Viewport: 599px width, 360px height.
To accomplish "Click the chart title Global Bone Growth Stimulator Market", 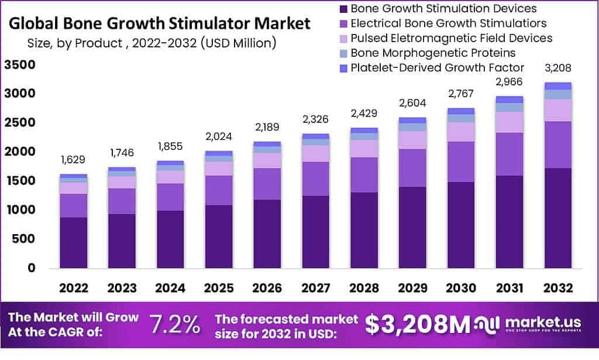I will [160, 24].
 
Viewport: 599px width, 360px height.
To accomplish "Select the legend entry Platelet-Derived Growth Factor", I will [437, 67].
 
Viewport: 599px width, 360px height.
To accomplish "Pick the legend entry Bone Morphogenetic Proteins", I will [432, 53].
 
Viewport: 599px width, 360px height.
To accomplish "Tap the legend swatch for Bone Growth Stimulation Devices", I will [343, 9].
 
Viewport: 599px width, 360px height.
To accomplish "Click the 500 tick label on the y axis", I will [23, 239].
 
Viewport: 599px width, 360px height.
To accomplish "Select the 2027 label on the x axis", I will [316, 288].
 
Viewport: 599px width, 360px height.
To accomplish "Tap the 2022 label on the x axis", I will [74, 288].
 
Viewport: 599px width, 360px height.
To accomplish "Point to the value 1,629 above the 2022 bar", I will [74, 160].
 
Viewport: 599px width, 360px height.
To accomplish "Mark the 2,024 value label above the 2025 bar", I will [219, 136].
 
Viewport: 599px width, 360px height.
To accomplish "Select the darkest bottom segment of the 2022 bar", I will [74, 242].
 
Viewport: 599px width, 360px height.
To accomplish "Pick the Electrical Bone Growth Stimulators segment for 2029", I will [412, 168].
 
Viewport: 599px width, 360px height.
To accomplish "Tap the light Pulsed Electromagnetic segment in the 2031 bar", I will [509, 122].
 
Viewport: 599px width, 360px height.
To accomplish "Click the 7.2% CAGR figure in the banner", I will [175, 324].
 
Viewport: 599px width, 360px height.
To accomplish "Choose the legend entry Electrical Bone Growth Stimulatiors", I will [448, 23].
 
